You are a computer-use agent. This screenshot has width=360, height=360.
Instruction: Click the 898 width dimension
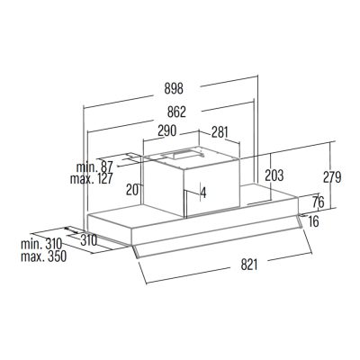pos(174,88)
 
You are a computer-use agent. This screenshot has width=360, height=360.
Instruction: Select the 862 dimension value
pos(176,112)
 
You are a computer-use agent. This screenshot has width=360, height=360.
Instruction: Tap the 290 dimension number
pos(166,130)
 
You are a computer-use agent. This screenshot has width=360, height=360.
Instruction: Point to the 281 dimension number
pos(220,132)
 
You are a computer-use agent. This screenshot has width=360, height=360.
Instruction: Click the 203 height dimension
pos(274,175)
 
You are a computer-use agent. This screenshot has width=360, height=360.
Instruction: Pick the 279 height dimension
pos(332,177)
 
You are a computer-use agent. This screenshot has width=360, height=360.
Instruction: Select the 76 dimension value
pos(319,202)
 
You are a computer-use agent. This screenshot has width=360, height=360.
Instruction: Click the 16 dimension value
pos(313,221)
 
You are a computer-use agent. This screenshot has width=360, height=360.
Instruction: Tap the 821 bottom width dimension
pos(249,265)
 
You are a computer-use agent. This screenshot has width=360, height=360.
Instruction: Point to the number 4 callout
pos(203,193)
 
